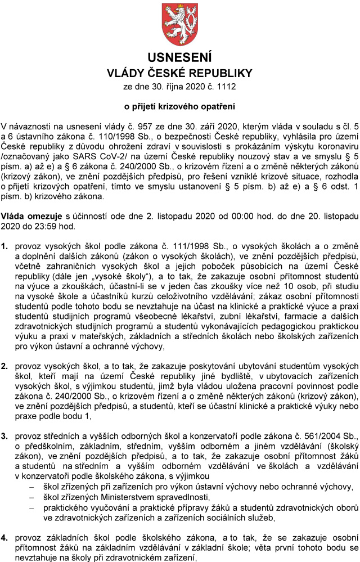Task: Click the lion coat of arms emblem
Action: (179, 24)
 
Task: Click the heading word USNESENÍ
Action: (179, 57)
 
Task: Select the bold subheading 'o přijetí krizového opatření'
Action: (179, 106)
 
